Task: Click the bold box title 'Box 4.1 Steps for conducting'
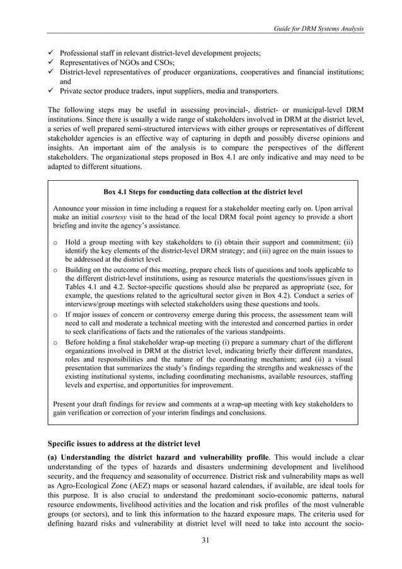pyautogui.click(x=202, y=191)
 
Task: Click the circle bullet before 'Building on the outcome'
pyautogui.click(x=57, y=270)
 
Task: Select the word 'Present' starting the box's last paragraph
pyautogui.click(x=67, y=403)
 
